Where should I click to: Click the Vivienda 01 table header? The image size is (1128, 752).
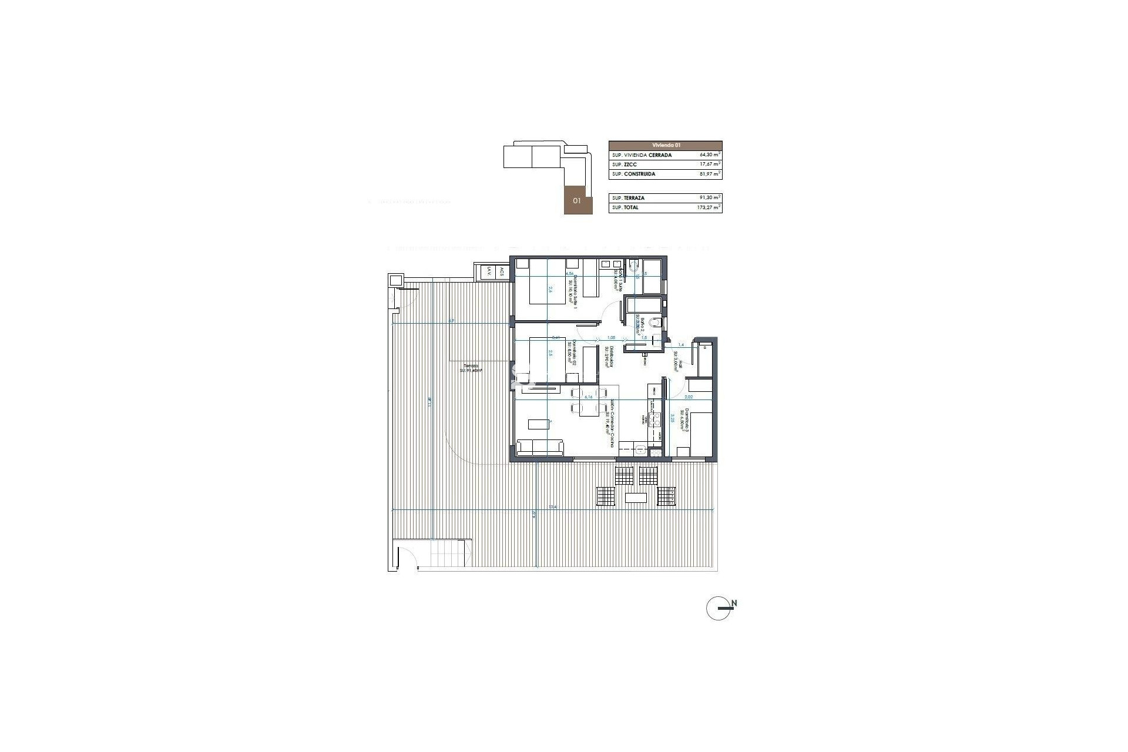tap(665, 145)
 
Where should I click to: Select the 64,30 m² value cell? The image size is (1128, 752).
tap(710, 155)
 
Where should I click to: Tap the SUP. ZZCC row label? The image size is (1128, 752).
tap(625, 164)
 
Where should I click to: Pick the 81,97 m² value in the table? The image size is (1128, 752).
tap(710, 174)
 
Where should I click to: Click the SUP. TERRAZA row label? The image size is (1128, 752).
tap(628, 198)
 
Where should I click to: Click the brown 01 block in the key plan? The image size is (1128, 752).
tap(578, 200)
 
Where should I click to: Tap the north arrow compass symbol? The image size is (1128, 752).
tap(719, 608)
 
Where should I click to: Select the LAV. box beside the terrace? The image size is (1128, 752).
tap(487, 272)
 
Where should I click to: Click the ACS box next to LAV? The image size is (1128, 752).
tap(501, 272)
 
